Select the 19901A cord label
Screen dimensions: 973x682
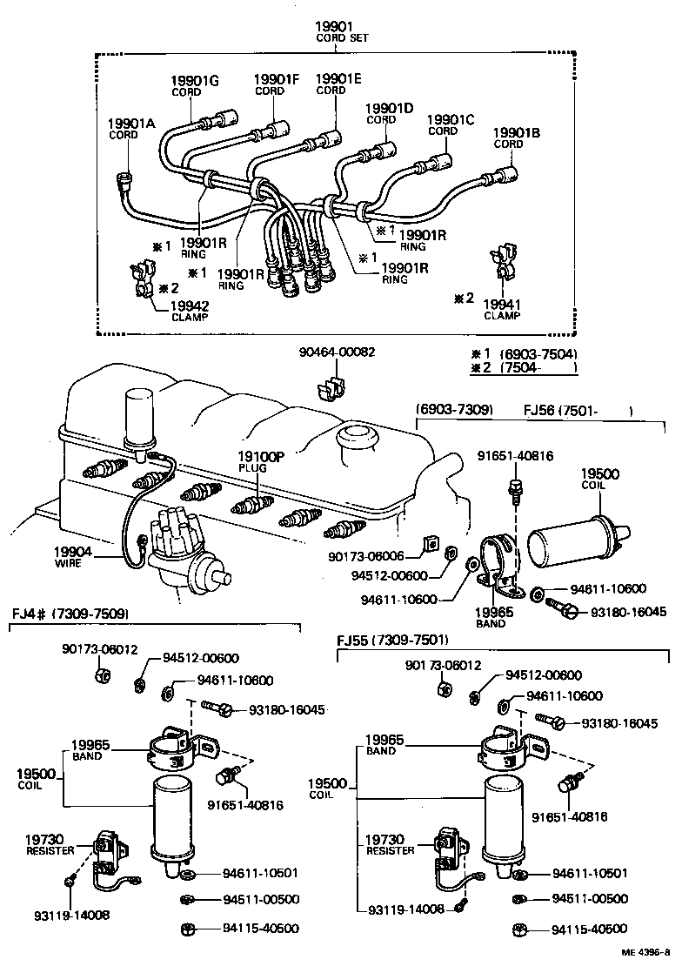pyautogui.click(x=130, y=129)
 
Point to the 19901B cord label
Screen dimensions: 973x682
pyautogui.click(x=517, y=138)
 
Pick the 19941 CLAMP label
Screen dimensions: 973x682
pyautogui.click(x=500, y=309)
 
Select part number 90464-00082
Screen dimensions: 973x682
pyautogui.click(x=338, y=352)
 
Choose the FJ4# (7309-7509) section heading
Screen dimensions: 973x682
pyautogui.click(x=70, y=614)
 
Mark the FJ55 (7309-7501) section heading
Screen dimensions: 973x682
pyautogui.click(x=392, y=641)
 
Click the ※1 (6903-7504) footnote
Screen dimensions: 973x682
pyautogui.click(x=524, y=354)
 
